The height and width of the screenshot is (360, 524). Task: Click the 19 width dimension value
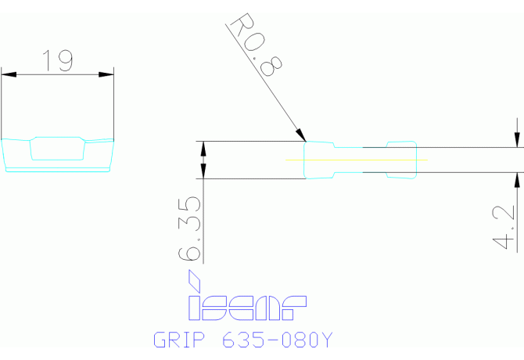tap(57, 61)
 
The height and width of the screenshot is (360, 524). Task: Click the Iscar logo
tap(246, 308)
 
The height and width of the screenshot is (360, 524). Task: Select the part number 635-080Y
tap(278, 340)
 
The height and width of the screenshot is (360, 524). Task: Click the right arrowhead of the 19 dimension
tap(108, 75)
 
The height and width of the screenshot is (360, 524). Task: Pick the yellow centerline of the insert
tap(356, 160)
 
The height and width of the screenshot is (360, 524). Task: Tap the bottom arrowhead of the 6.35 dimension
tap(205, 173)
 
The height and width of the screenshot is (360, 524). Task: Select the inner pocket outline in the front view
tap(57, 149)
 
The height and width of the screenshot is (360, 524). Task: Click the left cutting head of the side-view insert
tap(319, 160)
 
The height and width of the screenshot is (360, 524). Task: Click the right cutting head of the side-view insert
tap(401, 160)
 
